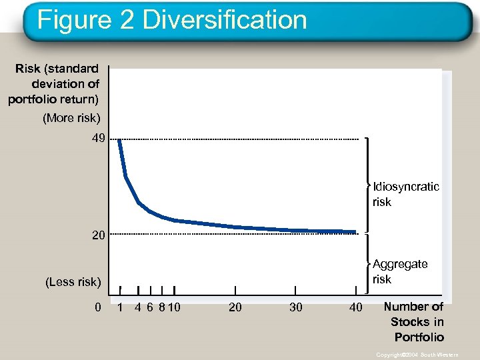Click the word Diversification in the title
point(225,20)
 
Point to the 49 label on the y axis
point(98,139)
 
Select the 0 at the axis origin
point(98,307)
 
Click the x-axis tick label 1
point(120,307)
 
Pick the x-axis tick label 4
point(137,307)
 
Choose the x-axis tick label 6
point(150,307)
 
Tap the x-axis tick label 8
point(163,307)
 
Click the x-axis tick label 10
point(175,307)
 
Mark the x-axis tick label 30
point(295,307)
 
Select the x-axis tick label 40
point(356,307)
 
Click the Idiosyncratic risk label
point(405,194)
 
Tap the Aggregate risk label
point(400,271)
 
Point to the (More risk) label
point(71,118)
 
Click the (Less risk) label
point(73,282)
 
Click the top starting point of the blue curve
point(119,140)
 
